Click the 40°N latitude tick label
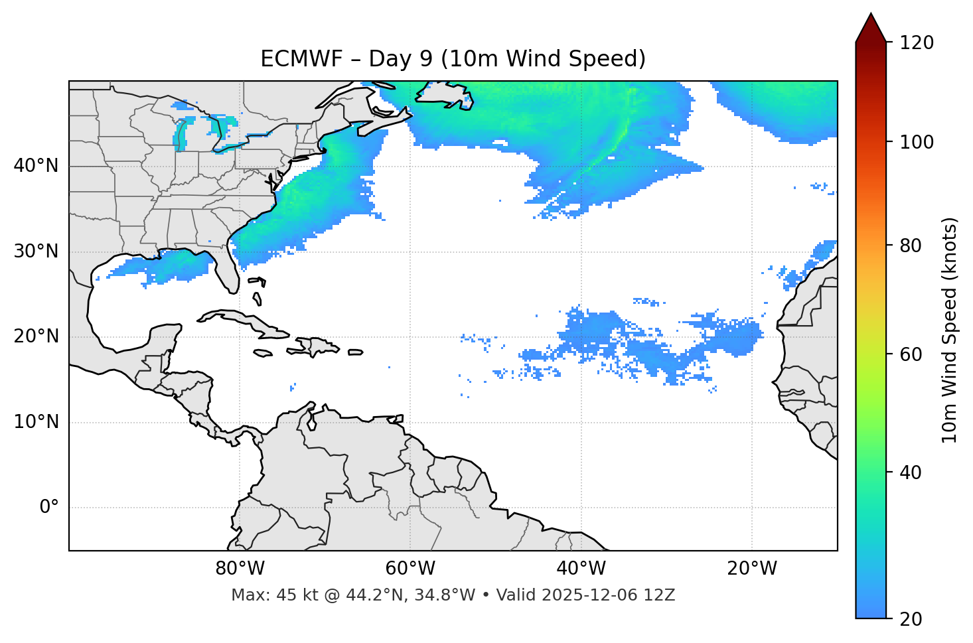pyautogui.click(x=36, y=165)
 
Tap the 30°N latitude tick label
pyautogui.click(x=36, y=251)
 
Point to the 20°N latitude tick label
pyautogui.click(x=36, y=336)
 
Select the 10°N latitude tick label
pyautogui.click(x=36, y=422)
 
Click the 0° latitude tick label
pyautogui.click(x=49, y=508)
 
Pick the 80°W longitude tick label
pyautogui.click(x=240, y=569)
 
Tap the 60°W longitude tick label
pyautogui.click(x=410, y=569)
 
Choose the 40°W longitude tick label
pyautogui.click(x=581, y=569)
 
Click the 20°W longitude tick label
pyautogui.click(x=751, y=569)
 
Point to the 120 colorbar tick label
pyautogui.click(x=916, y=42)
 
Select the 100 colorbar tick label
pyautogui.click(x=916, y=142)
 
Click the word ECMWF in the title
pyautogui.click(x=291, y=59)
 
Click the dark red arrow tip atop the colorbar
pyautogui.click(x=871, y=27)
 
